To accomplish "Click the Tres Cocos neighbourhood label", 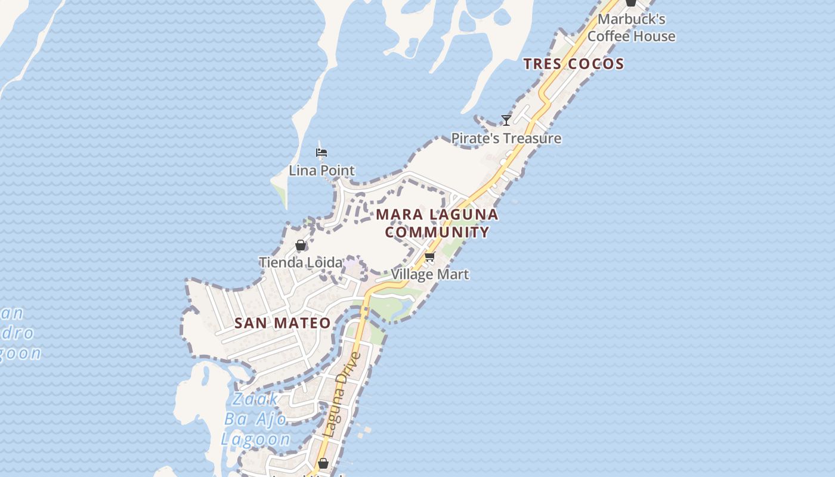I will (574, 64).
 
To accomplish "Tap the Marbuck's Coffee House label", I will (631, 27).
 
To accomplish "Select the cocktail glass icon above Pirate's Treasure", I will (506, 120).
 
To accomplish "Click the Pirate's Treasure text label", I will (506, 138).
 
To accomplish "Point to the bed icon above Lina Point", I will (321, 153).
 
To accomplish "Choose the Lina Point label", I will (321, 171).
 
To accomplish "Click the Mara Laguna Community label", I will (437, 223).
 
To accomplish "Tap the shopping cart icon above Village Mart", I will (429, 257).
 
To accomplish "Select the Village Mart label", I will (429, 274).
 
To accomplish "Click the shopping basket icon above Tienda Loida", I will (301, 245).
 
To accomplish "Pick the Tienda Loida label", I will (301, 262).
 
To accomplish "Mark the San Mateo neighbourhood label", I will (282, 323).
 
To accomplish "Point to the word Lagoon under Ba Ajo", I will (255, 439).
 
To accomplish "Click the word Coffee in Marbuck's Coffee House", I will (608, 36).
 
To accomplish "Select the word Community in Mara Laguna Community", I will (437, 232).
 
